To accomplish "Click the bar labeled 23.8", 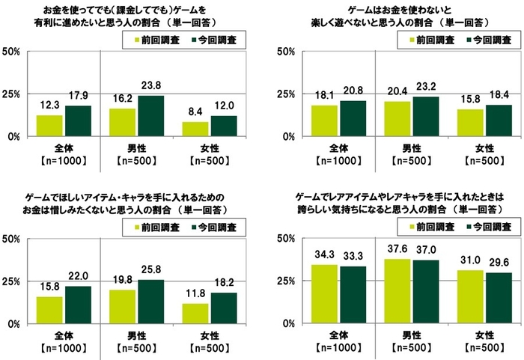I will click(x=150, y=116).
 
